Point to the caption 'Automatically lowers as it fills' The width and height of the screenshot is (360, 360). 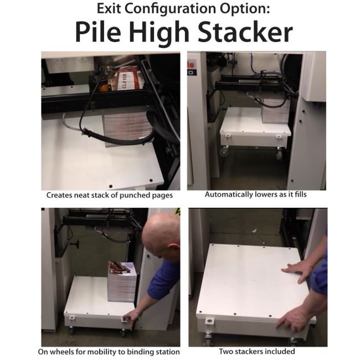256,195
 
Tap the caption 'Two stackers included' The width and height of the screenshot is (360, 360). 258,352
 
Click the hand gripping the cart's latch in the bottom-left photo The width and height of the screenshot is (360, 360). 132,317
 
